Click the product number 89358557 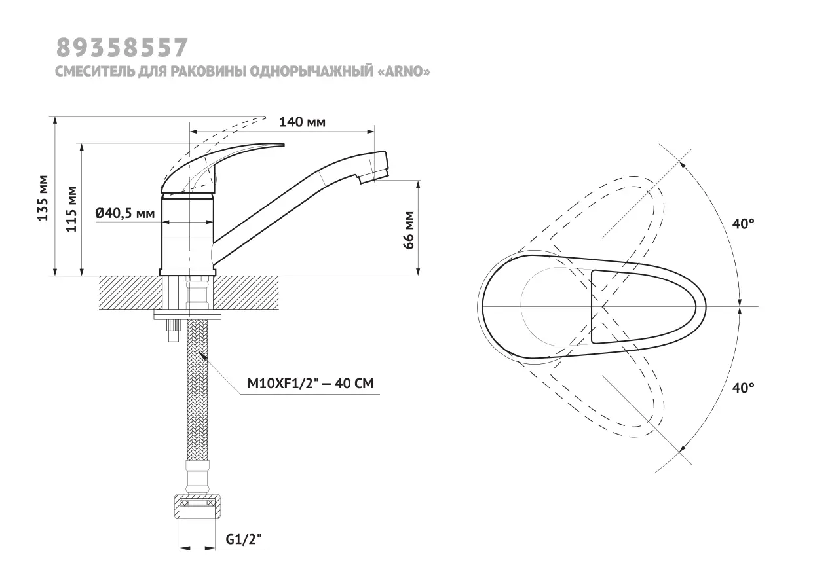point(122,48)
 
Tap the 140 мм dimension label point(302,122)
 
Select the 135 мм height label point(43,198)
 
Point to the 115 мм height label point(71,209)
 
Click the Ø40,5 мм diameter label point(125,213)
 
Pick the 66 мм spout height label point(408,230)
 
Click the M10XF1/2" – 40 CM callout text point(311,384)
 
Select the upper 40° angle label point(744,224)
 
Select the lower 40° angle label point(744,388)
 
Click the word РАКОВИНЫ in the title point(209,71)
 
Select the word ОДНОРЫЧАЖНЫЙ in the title point(312,71)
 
